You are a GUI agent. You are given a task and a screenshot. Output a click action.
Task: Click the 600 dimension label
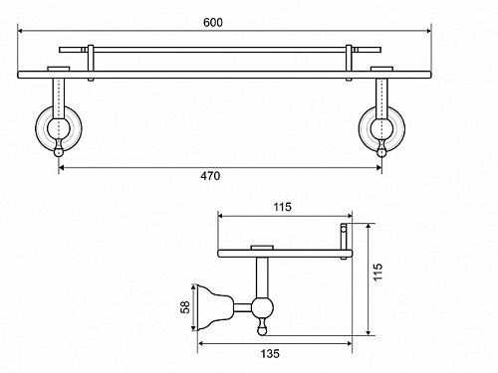(x=213, y=23)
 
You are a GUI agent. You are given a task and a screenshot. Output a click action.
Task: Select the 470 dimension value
(x=210, y=176)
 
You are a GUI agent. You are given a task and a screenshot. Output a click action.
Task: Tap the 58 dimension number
(x=185, y=307)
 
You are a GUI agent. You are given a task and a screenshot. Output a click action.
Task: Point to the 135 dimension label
(x=270, y=353)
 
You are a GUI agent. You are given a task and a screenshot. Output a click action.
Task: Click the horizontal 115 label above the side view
(x=283, y=207)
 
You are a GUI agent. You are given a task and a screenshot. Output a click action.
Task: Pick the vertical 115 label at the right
(x=377, y=272)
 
